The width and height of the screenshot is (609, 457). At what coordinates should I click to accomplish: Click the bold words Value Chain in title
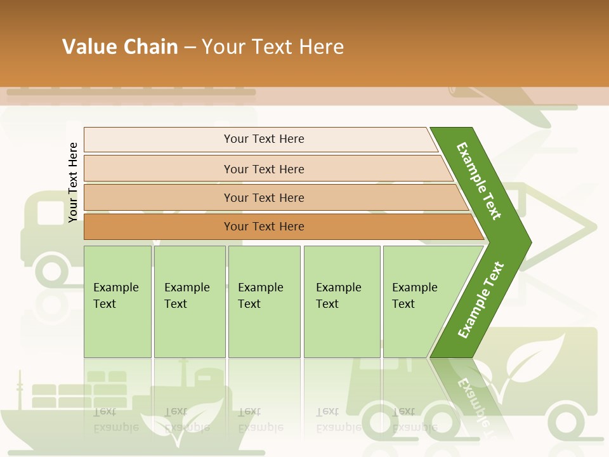point(120,47)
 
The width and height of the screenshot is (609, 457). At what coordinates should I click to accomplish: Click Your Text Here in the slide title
point(273,47)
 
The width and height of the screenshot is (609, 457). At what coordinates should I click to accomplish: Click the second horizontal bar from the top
point(263,169)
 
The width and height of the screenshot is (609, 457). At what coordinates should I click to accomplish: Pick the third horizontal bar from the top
point(263,197)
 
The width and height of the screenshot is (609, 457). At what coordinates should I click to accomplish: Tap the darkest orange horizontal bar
point(263,227)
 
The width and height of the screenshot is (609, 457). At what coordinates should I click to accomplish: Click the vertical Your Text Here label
point(74,182)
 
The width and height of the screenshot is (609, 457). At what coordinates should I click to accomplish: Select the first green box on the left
point(117,301)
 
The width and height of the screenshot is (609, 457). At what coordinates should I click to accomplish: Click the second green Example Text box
point(189,301)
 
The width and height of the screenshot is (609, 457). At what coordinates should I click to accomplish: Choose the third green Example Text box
point(264,301)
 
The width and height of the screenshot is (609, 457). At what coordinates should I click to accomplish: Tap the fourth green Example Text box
point(341,301)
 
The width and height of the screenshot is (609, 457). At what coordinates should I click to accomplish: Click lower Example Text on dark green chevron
point(481,300)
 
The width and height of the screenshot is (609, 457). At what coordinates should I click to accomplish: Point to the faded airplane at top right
point(507,102)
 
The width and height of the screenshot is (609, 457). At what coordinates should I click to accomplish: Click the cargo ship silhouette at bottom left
point(70,400)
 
